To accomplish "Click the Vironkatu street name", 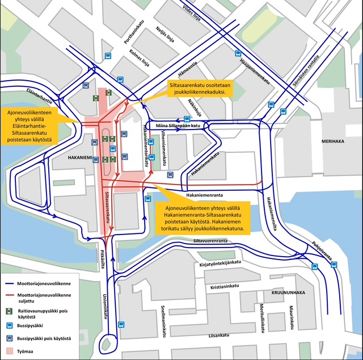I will click(x=163, y=148).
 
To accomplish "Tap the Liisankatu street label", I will click(x=221, y=335).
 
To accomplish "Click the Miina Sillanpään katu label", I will click(x=178, y=125).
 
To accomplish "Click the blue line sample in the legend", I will click(x=10, y=283).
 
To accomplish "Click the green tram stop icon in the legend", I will click(x=10, y=312).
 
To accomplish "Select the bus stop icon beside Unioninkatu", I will click(x=121, y=324).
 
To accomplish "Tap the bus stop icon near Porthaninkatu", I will click(x=108, y=56).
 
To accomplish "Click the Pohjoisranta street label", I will click(x=320, y=252).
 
